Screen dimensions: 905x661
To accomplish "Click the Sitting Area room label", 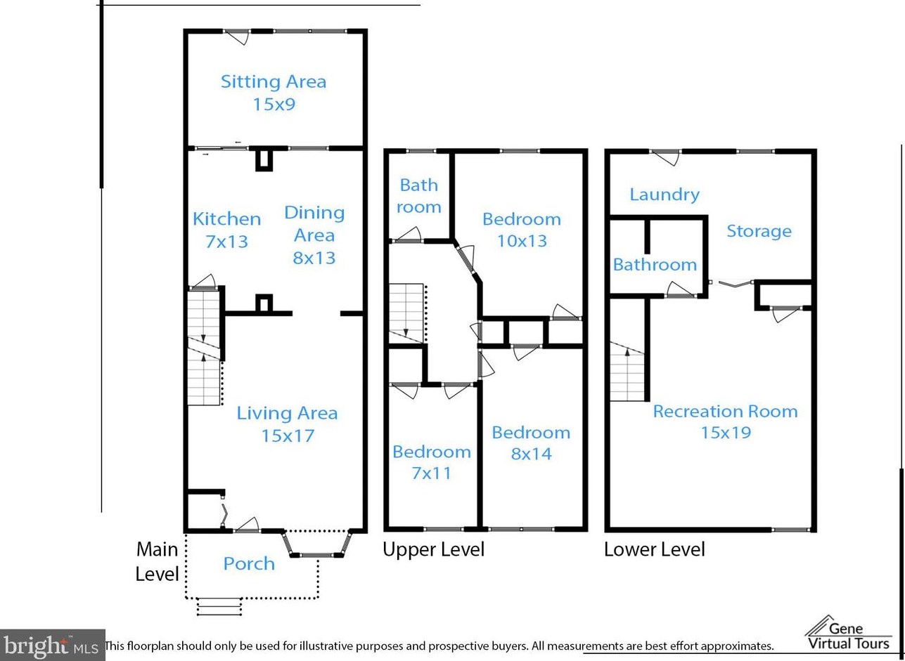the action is tap(274, 82).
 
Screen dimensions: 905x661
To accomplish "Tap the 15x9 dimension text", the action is tap(274, 105).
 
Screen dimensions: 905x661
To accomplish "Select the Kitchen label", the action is tap(226, 219).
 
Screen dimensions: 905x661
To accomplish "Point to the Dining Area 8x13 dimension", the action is tap(314, 258).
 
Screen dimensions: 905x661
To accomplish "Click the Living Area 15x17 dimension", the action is tap(288, 436).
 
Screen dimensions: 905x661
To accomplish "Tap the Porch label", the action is tap(249, 564).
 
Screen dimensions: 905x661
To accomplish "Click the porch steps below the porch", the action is tap(219, 607).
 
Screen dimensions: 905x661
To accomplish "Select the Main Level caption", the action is tap(157, 562).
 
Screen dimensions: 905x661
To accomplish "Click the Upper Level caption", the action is tap(433, 549).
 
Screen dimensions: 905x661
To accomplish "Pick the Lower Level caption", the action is tap(655, 549).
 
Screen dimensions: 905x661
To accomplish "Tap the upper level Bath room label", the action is tap(419, 196).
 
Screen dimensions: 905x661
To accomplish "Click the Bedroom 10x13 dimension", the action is tap(522, 242).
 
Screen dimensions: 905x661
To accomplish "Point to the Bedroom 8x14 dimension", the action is tap(532, 454).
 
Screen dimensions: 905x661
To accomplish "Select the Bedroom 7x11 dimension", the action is tap(432, 473).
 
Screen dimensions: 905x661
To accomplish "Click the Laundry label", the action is tap(665, 195).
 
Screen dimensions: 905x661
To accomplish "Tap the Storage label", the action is tap(759, 231).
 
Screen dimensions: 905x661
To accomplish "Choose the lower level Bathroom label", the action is tap(655, 265).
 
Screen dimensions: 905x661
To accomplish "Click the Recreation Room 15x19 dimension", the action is tap(726, 433).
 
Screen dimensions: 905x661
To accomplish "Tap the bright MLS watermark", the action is tap(52, 644).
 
